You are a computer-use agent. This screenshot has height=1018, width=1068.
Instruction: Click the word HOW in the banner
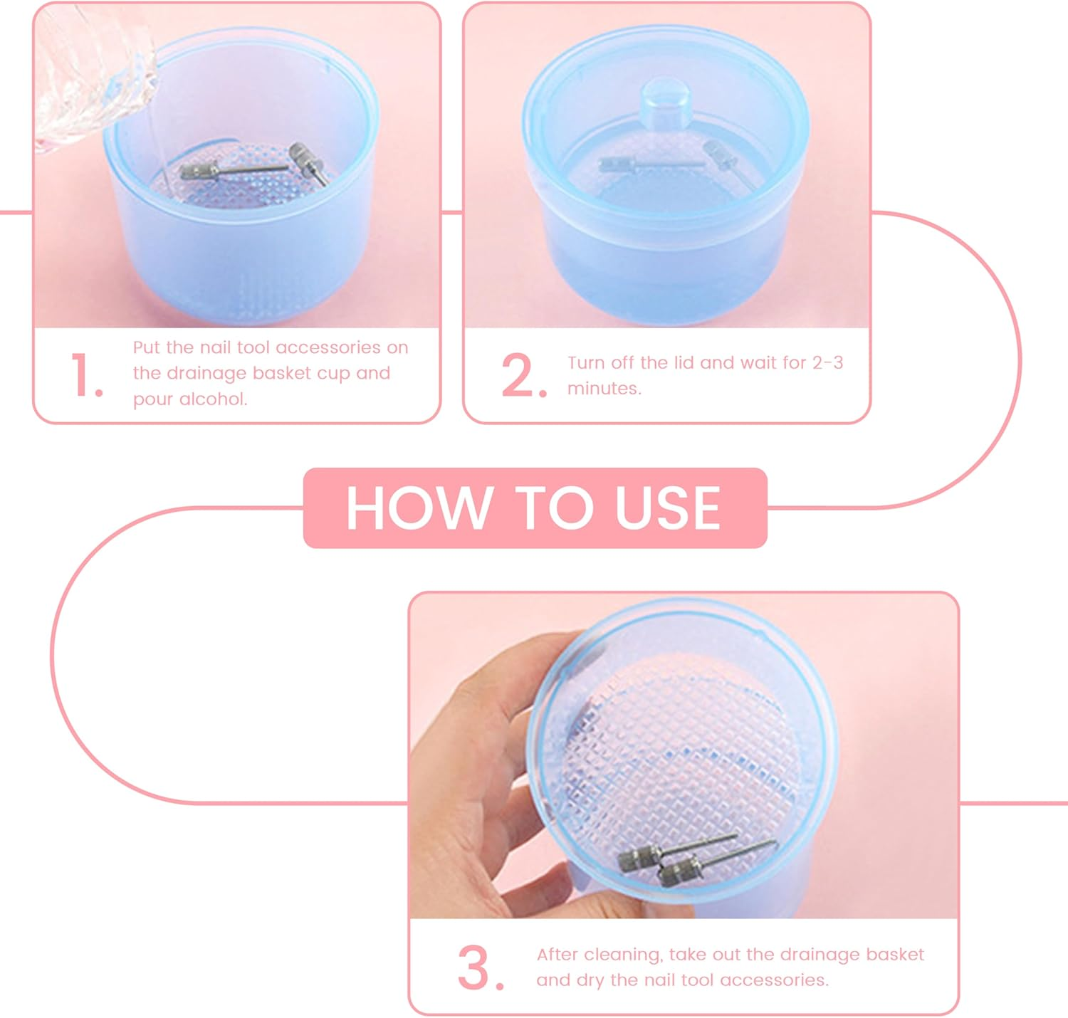click(419, 508)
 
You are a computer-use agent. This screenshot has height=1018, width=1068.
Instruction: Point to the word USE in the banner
click(667, 508)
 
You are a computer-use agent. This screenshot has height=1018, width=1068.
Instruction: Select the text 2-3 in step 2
click(827, 362)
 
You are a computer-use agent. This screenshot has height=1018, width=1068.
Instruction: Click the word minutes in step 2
click(603, 389)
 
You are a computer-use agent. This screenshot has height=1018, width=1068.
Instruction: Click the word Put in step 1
click(146, 347)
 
